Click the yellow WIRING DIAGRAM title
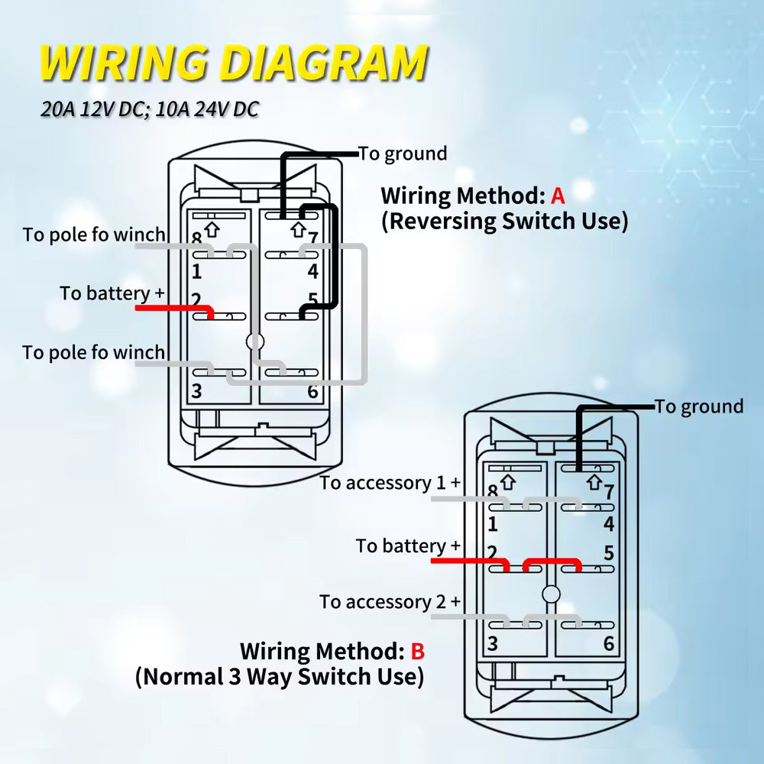tap(233, 63)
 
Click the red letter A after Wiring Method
tap(558, 196)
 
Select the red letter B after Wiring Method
tap(416, 652)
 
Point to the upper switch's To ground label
tap(403, 154)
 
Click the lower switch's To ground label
tap(700, 406)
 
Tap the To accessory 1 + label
tap(390, 483)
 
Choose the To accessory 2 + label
tap(390, 602)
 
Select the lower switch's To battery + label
tap(408, 546)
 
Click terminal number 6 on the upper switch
tap(312, 392)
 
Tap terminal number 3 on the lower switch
tap(493, 644)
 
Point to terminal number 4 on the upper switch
tap(312, 271)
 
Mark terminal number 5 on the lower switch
tap(609, 552)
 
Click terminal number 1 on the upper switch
tap(196, 271)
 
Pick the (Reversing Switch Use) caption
tap(505, 222)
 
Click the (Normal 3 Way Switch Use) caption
tap(280, 677)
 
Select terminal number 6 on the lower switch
tap(609, 644)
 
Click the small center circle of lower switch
tap(549, 594)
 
